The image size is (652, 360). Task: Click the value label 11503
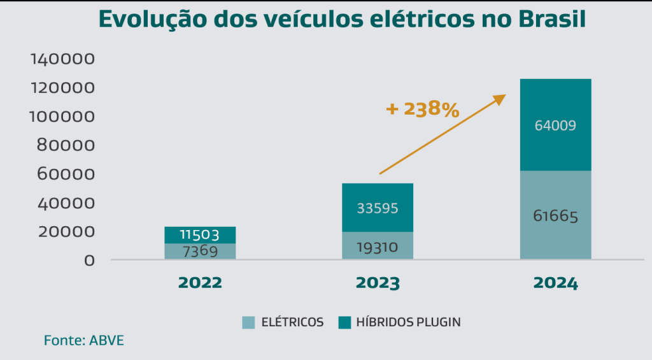199,235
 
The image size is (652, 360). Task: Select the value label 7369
199,251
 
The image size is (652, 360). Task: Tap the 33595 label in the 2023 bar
378,208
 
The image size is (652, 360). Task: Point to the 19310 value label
378,247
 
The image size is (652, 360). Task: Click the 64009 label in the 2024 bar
555,126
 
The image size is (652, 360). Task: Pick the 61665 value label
555,217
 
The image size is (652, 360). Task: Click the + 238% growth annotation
422,109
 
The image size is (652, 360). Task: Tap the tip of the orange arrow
505,96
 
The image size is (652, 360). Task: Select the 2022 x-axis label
199,283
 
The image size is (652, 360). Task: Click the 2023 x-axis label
378,283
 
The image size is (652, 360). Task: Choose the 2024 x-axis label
555,283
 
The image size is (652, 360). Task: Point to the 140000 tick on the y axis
62,59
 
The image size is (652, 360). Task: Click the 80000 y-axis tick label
67,145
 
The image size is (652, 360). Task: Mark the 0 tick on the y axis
90,260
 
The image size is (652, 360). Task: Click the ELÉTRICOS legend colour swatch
248,322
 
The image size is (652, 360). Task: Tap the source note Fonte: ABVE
84,340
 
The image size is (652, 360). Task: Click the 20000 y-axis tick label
67,232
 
